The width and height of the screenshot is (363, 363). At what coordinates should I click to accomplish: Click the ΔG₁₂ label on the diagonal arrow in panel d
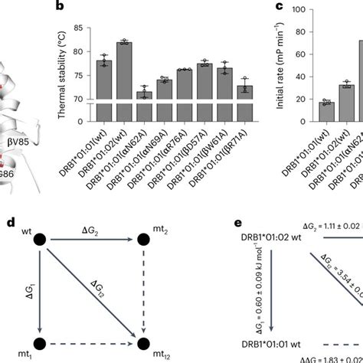coord(100,289)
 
